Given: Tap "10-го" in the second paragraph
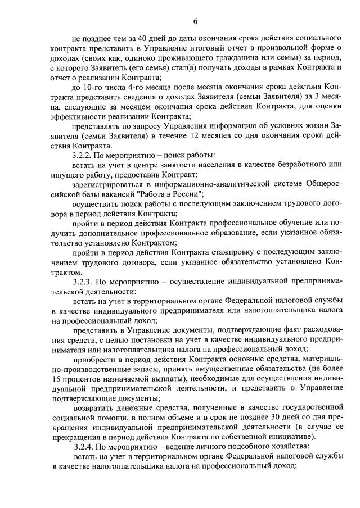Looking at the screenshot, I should pyautogui.click(x=92, y=88).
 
